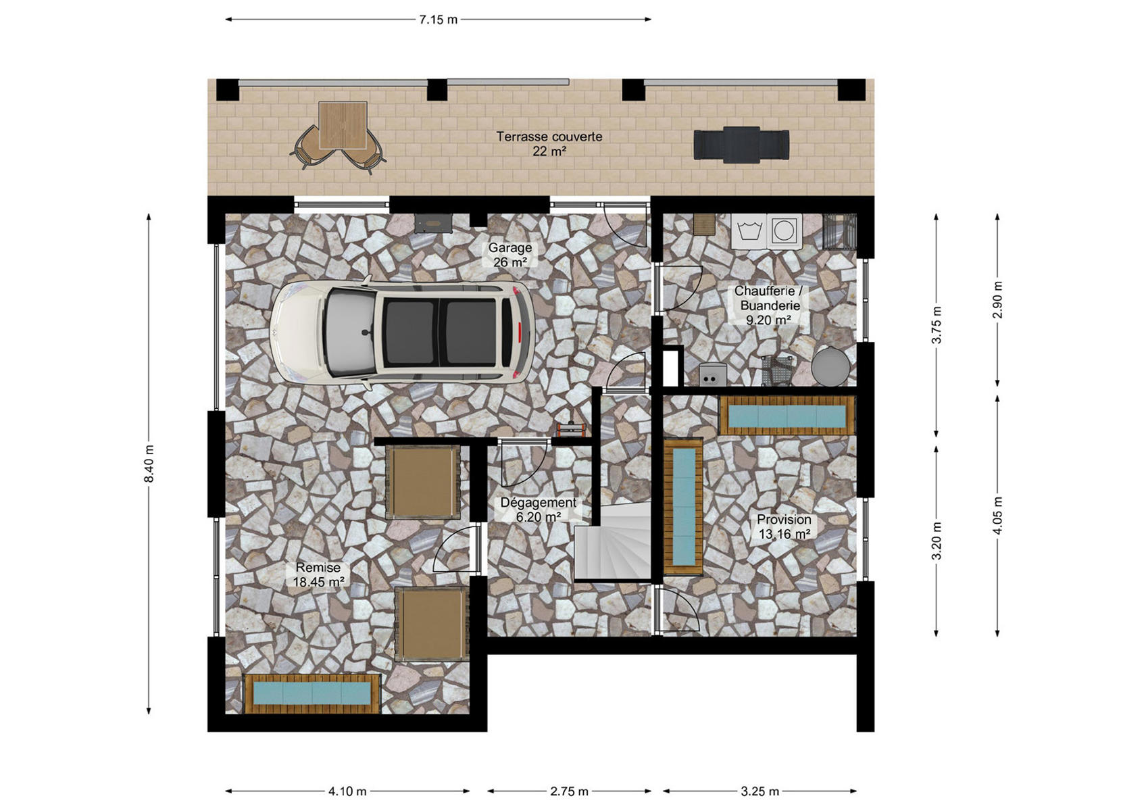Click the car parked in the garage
coord(403,333)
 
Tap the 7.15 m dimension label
coord(438,20)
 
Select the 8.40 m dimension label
coord(149,464)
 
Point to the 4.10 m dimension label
coord(347,791)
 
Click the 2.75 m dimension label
coord(570,791)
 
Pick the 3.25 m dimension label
coord(759,791)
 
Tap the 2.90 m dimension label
coord(997,300)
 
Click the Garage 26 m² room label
coord(510,255)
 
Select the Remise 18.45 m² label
coord(318,574)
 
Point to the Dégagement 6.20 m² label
coord(539,510)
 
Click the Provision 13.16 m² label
coord(784,526)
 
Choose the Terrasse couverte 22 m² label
coord(549,144)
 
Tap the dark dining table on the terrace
coord(741,145)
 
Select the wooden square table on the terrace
coord(343,125)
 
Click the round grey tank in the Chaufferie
coord(831,366)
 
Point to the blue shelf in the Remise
coord(313,694)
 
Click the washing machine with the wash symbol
coord(749,231)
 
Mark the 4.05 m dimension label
coord(997,516)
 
